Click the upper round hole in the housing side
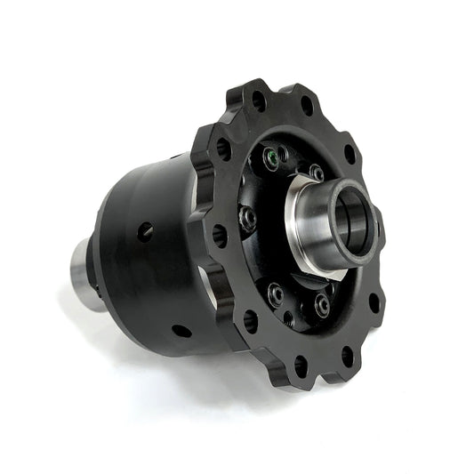144,231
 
